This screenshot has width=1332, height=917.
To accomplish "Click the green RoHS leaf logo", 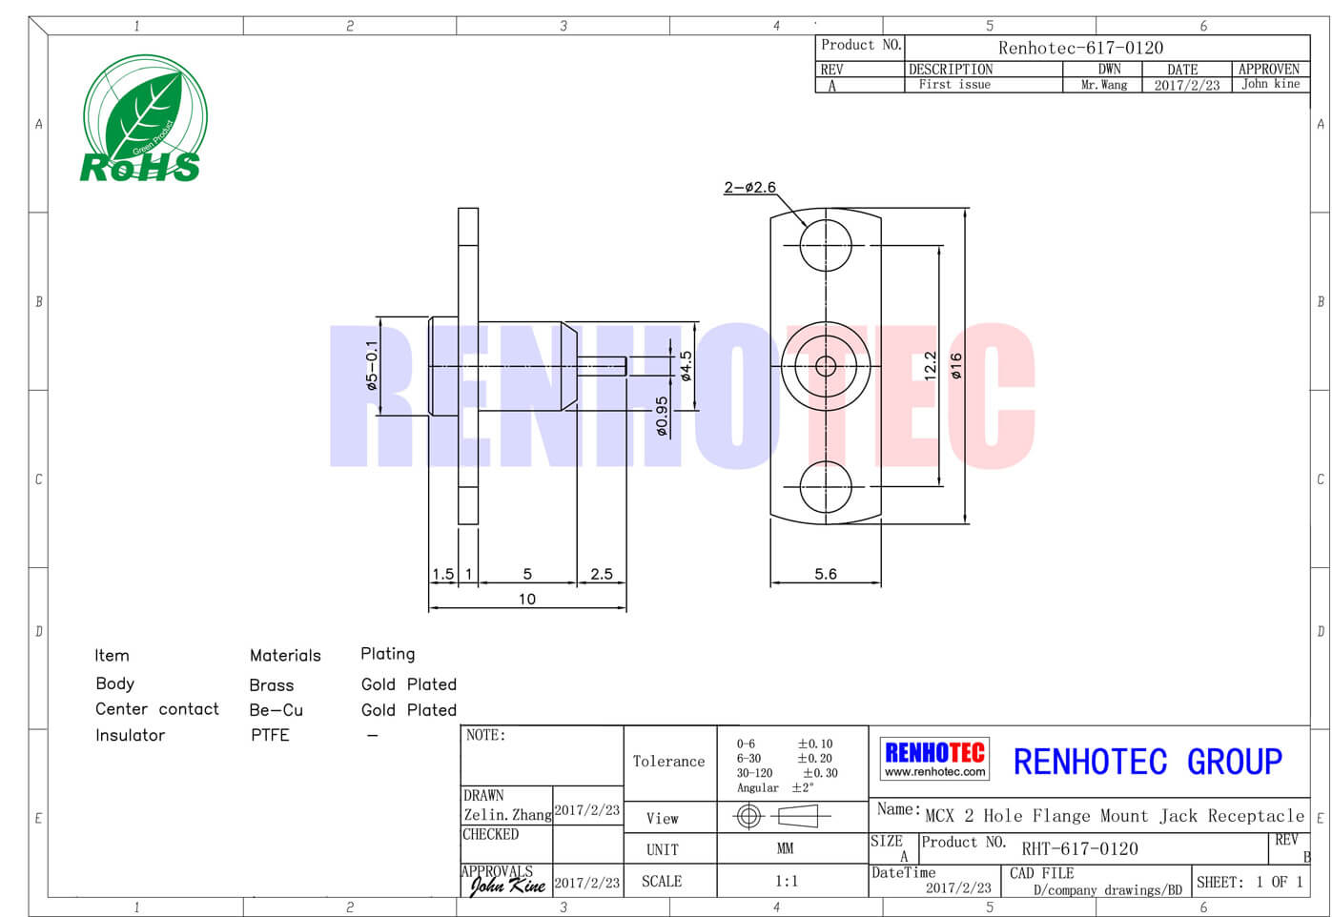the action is pos(145,117).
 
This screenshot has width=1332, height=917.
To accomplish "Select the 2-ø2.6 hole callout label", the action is pos(749,187).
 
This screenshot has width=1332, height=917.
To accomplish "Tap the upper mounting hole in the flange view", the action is pos(826,245).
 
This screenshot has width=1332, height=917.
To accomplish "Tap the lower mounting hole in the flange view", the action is pos(826,487).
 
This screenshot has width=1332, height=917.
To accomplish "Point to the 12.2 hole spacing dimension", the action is pos(931,365).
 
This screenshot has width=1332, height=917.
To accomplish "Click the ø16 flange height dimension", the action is pos(956,365).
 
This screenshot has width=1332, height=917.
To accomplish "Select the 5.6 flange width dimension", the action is pos(826,574).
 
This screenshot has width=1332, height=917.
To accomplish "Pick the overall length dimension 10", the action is pos(527,599).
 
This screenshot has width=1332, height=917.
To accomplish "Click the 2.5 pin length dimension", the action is pos(602,574).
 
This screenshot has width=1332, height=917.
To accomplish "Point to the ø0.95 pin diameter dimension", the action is pos(662,416).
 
